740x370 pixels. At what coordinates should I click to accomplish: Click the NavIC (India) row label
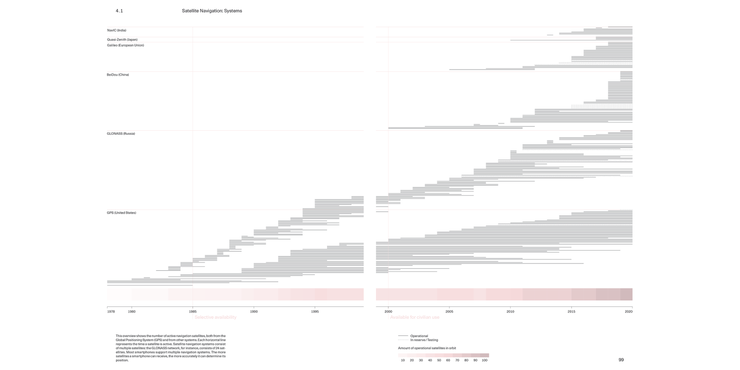[116, 31]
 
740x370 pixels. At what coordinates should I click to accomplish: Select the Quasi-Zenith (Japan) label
[122, 39]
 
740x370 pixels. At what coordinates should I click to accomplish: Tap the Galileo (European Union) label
[125, 45]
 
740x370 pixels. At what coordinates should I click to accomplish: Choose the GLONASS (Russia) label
[121, 134]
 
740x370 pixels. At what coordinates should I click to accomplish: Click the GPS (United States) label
[121, 213]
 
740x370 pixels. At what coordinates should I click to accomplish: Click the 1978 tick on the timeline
[111, 311]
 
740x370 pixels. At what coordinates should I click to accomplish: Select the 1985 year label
[193, 311]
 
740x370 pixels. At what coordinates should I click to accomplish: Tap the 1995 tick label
[315, 311]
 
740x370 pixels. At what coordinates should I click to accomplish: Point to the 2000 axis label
[388, 311]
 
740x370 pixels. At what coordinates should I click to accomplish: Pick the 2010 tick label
[510, 311]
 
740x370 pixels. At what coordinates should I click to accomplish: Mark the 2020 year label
[629, 311]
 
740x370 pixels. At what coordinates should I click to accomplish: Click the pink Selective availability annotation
[215, 317]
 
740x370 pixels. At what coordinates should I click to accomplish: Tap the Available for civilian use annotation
[414, 317]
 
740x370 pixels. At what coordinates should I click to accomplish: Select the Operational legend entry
[419, 336]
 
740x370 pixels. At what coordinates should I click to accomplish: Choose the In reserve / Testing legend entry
[424, 340]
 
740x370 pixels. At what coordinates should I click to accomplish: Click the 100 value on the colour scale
[484, 361]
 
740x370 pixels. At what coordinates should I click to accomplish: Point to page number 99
[621, 360]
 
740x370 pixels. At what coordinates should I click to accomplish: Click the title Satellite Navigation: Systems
[212, 11]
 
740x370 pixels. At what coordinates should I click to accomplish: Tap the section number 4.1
[119, 11]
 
